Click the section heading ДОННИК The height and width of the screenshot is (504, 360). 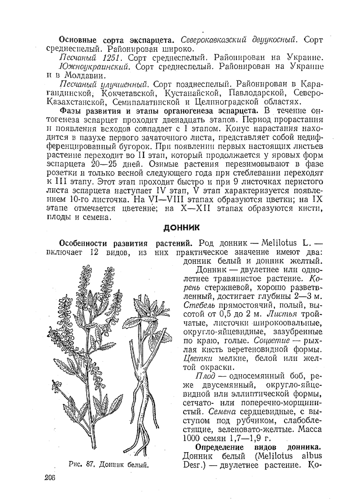coord(182,228)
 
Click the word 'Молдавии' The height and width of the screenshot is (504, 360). coord(85,75)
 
